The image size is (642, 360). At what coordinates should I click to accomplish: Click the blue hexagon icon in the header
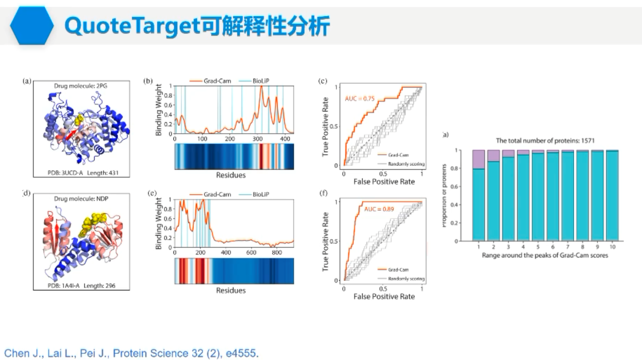pyautogui.click(x=32, y=26)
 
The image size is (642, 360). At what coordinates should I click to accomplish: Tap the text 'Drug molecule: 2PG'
pyautogui.click(x=81, y=86)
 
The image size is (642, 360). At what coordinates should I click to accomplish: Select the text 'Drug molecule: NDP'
pyautogui.click(x=81, y=199)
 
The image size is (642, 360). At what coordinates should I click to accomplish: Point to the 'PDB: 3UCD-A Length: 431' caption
pyautogui.click(x=83, y=173)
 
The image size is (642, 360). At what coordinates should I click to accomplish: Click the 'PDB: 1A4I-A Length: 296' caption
pyautogui.click(x=81, y=286)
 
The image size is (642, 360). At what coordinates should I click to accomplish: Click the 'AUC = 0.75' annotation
pyautogui.click(x=360, y=99)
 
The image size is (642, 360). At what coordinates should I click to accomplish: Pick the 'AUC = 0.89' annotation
pyautogui.click(x=379, y=209)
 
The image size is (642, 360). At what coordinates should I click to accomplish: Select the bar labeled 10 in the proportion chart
pyautogui.click(x=612, y=195)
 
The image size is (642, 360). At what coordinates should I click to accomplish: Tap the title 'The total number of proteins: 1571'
pyautogui.click(x=545, y=141)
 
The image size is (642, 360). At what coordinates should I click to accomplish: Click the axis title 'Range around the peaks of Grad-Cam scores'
pyautogui.click(x=545, y=255)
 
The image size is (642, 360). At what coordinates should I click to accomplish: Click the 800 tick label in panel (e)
pyautogui.click(x=276, y=252)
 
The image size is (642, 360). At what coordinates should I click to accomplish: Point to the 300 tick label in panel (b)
pyautogui.click(x=258, y=139)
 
